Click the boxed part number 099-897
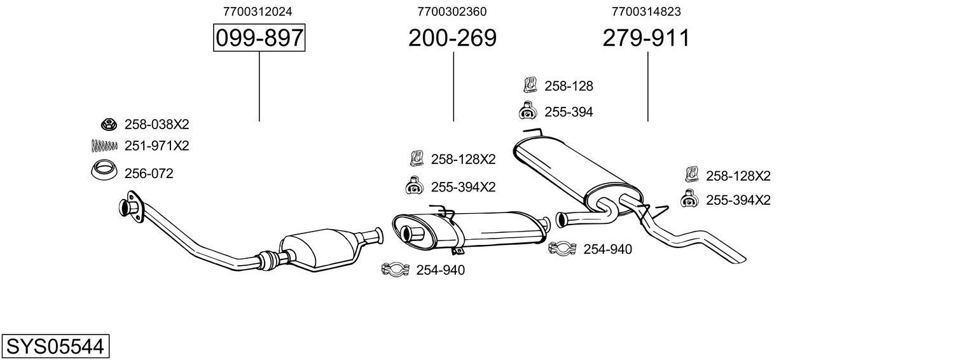point(259,38)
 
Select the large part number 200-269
point(452,38)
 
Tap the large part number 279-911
point(646,38)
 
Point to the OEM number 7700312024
point(258,11)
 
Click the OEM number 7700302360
point(452,11)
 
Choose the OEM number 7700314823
point(646,11)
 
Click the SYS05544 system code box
point(55,347)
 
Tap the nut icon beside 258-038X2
point(108,124)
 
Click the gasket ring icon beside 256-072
point(104,172)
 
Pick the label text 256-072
point(149,174)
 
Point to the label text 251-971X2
point(156,146)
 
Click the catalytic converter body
point(318,251)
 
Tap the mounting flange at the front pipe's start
point(130,210)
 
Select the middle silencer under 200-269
point(471,229)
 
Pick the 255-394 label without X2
point(568,112)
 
